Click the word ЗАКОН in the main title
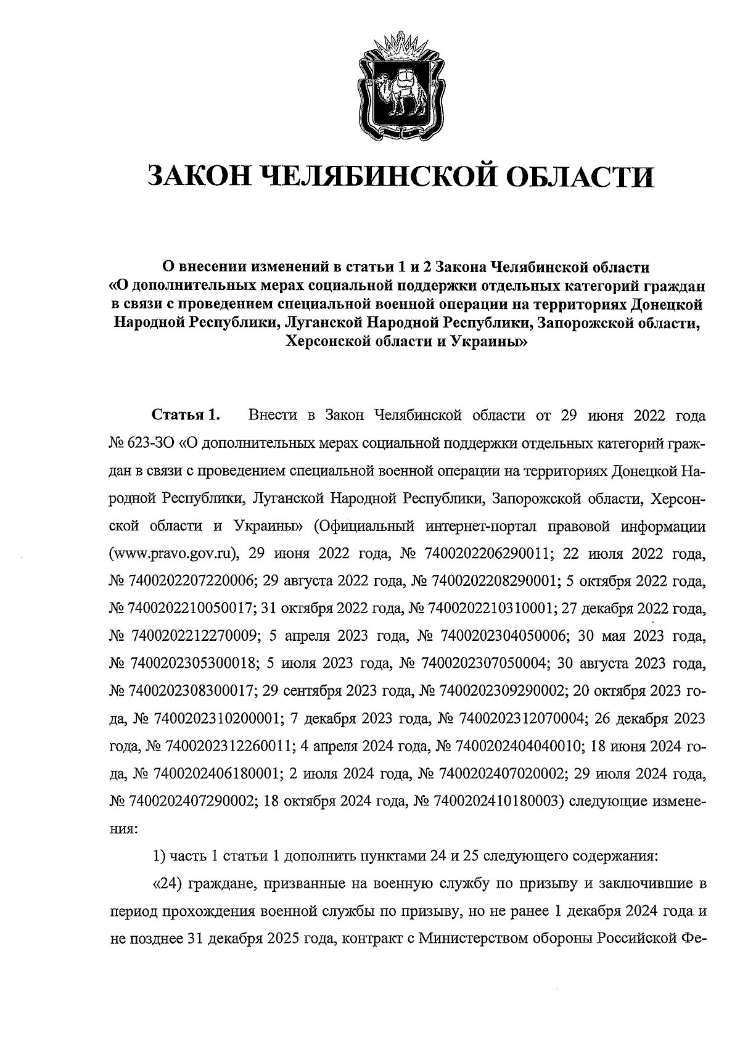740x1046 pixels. [x=198, y=178]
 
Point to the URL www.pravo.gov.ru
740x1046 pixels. [x=173, y=553]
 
